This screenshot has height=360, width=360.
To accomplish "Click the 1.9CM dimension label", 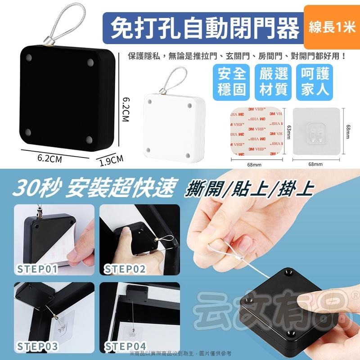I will pyautogui.click(x=111, y=160).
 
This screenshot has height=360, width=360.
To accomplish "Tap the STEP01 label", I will pyautogui.click(x=38, y=269).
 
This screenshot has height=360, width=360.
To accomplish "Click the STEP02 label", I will pyautogui.click(x=125, y=269).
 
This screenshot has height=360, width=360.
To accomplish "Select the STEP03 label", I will pyautogui.click(x=39, y=347).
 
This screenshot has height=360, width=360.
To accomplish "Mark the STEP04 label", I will pyautogui.click(x=125, y=347).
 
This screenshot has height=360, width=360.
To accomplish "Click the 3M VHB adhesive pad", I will pyautogui.click(x=256, y=130).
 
